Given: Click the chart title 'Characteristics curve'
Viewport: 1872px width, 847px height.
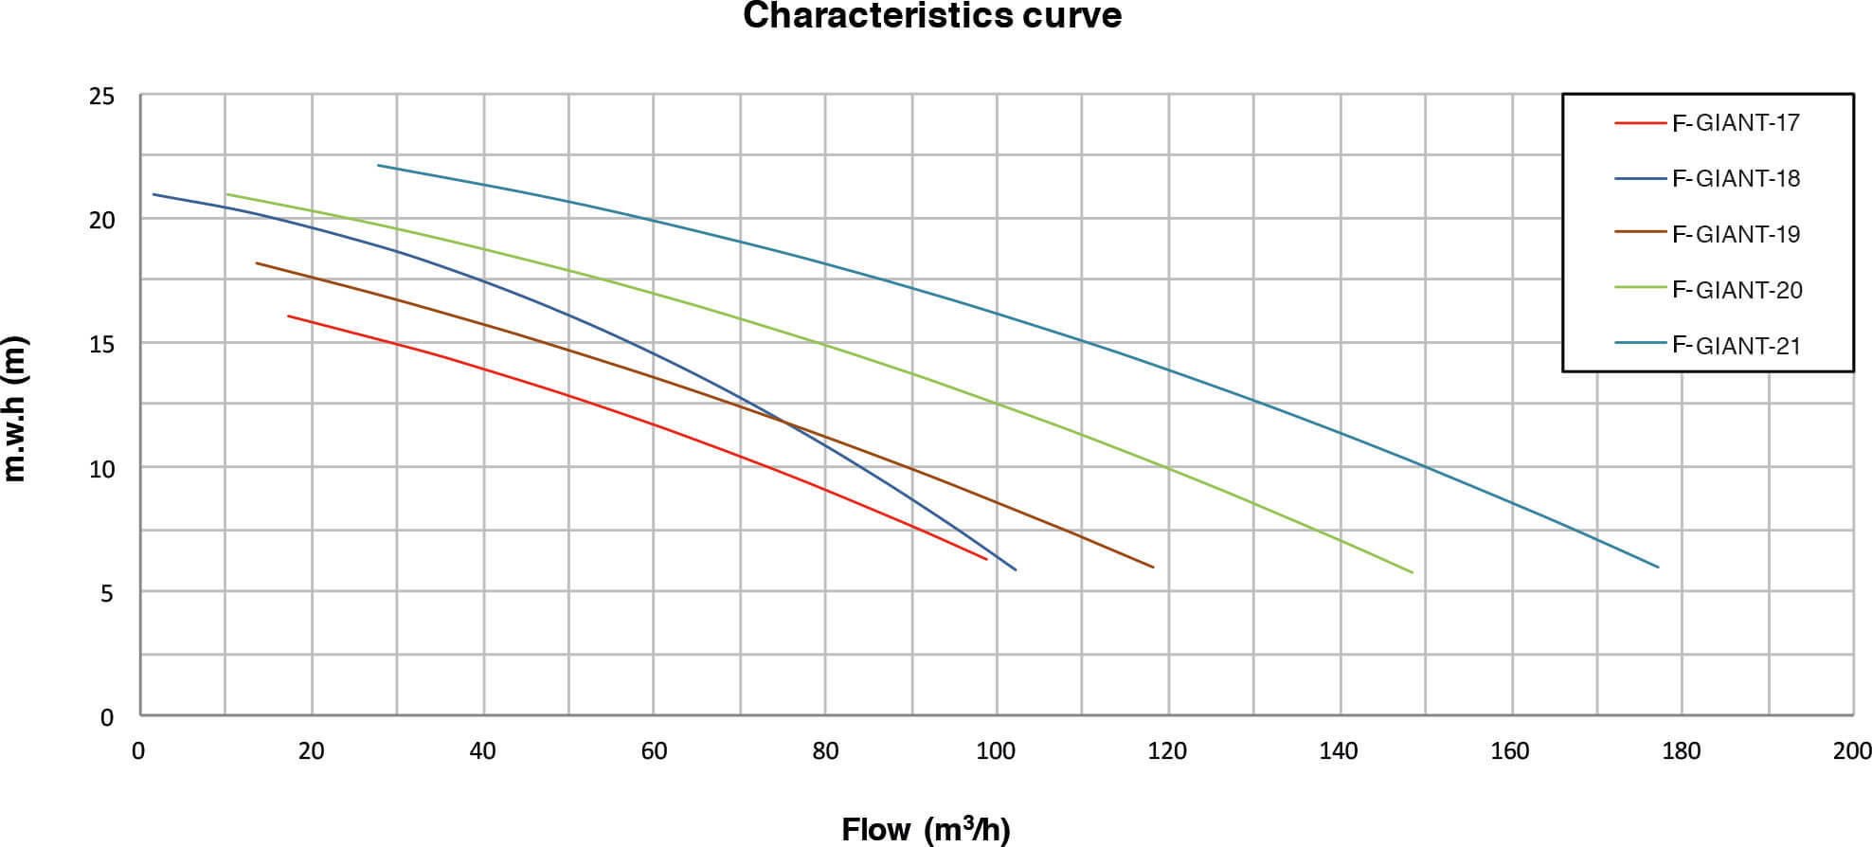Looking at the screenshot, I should coord(932,16).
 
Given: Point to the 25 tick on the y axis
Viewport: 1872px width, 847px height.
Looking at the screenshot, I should coord(101,97).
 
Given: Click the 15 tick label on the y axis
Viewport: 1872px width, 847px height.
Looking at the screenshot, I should coord(101,345).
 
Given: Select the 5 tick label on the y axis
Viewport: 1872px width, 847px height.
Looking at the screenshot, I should coord(107,594).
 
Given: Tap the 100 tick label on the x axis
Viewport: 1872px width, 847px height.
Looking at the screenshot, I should coord(996,751).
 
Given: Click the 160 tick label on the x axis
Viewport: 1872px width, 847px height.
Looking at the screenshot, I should coord(1510,751).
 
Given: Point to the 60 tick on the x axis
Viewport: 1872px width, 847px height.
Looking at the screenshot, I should coord(654,751).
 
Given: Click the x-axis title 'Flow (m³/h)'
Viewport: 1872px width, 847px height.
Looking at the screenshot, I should coord(926,829).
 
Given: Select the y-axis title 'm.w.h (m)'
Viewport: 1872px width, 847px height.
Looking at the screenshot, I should coord(16,409).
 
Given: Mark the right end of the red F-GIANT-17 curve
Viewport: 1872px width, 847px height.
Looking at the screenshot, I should coord(986,559).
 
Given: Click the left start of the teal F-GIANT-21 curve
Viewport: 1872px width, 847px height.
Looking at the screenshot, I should coord(378,166).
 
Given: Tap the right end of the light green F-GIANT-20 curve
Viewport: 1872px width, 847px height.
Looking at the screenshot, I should coord(1412,572).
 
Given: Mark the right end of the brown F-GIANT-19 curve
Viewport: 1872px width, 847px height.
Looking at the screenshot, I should coord(1153,568).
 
